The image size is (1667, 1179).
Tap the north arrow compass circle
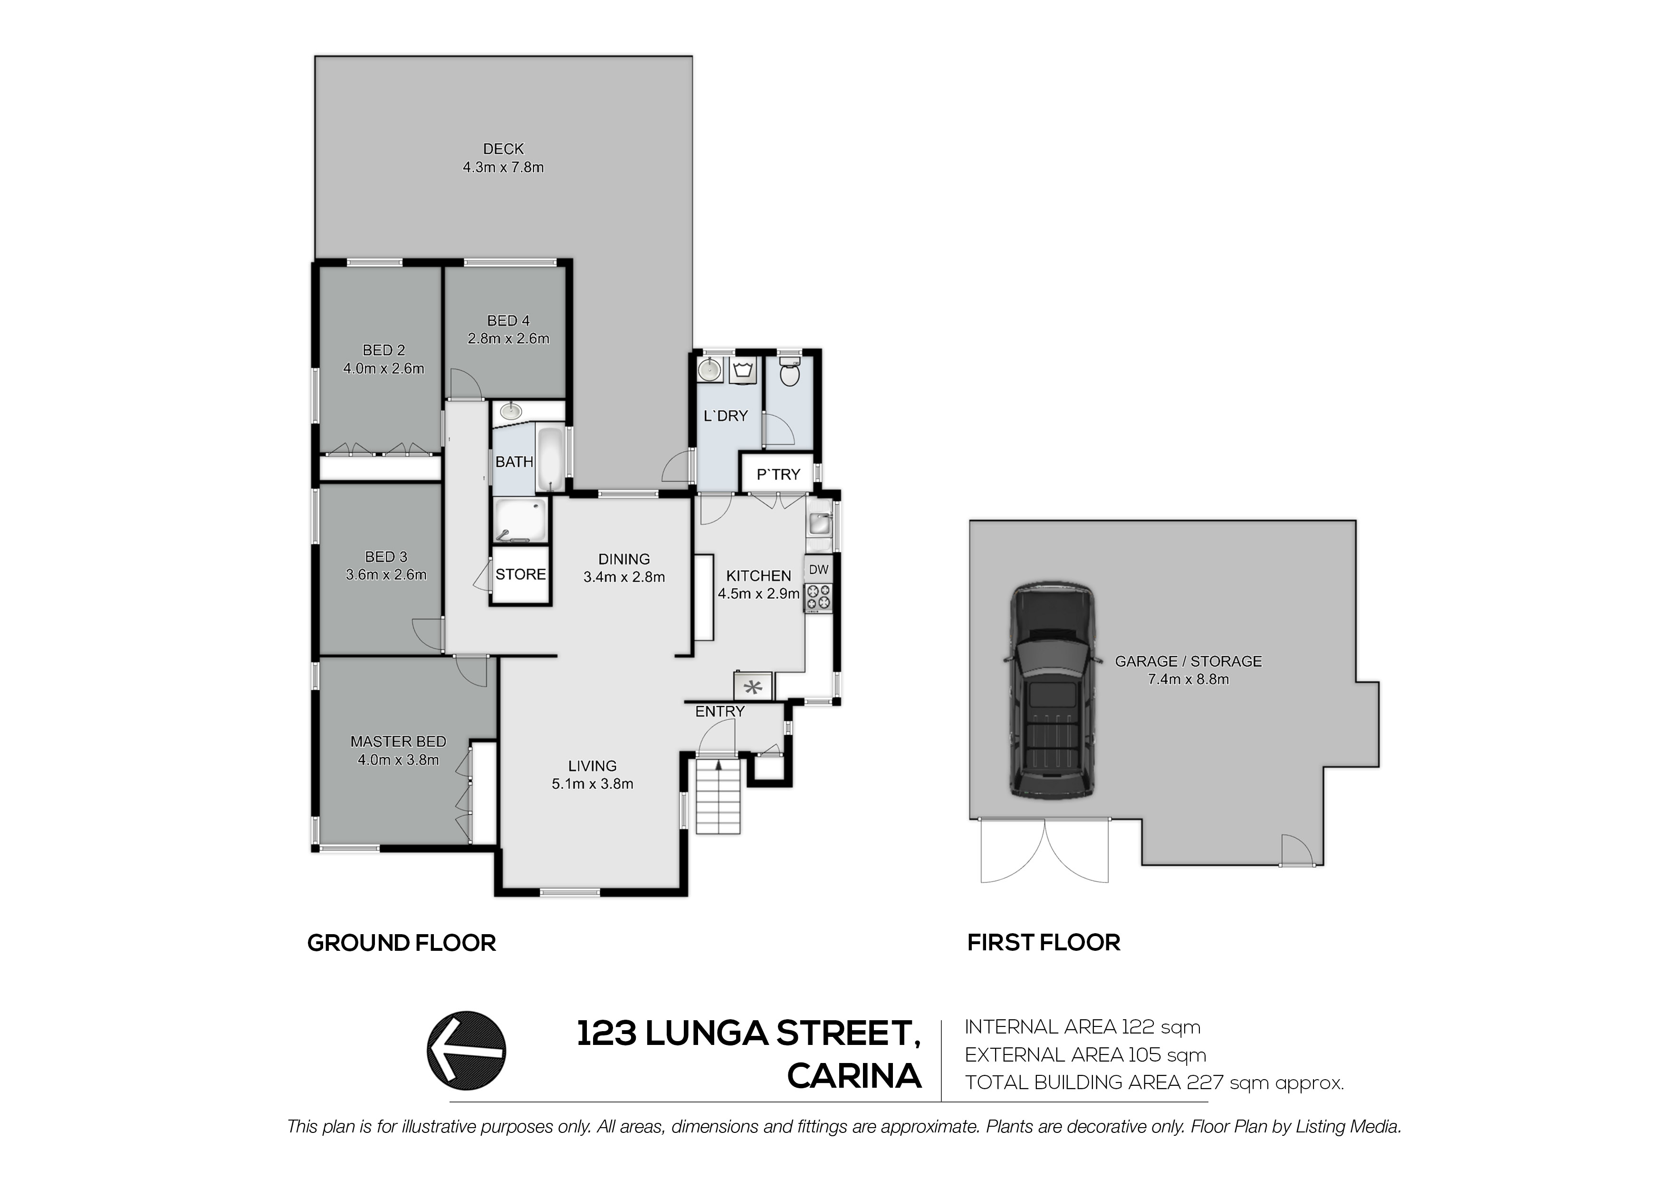click(466, 1051)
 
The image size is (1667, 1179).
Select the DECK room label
click(503, 149)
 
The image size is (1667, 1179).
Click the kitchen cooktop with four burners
click(819, 597)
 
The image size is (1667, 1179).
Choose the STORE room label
click(520, 575)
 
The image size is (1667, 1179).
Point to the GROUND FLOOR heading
click(402, 943)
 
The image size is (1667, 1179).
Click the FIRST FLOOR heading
click(1044, 942)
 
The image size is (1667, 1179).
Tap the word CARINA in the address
click(854, 1076)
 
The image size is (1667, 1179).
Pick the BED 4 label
click(508, 320)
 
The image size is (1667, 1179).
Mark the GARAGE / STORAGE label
click(1188, 661)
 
